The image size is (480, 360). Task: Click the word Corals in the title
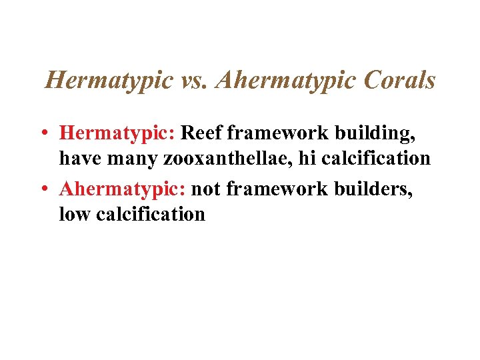[x=399, y=81]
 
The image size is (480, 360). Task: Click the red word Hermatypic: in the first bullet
[x=117, y=133]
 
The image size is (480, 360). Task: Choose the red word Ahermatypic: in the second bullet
[x=123, y=189]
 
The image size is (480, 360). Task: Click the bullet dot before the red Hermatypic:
[x=41, y=133]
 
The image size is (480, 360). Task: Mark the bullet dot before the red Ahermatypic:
[x=41, y=189]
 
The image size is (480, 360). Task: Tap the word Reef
[x=201, y=133]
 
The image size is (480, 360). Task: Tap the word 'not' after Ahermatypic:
[x=207, y=189]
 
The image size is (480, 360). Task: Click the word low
[x=73, y=215]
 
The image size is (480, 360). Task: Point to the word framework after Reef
[x=279, y=133]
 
